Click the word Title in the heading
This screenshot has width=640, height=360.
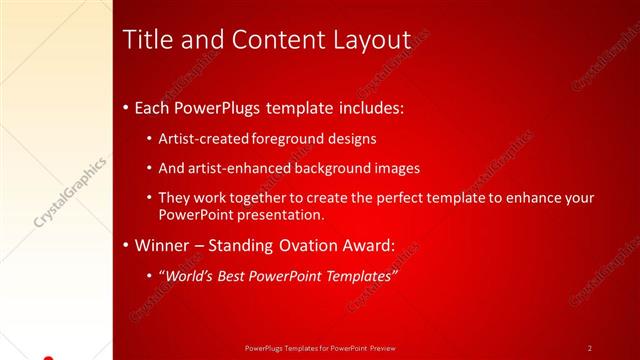[x=146, y=40]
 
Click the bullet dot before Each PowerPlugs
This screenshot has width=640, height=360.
[x=125, y=107]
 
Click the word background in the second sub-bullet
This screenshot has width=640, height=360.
[x=335, y=168]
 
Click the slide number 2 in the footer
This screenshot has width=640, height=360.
[x=589, y=347]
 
